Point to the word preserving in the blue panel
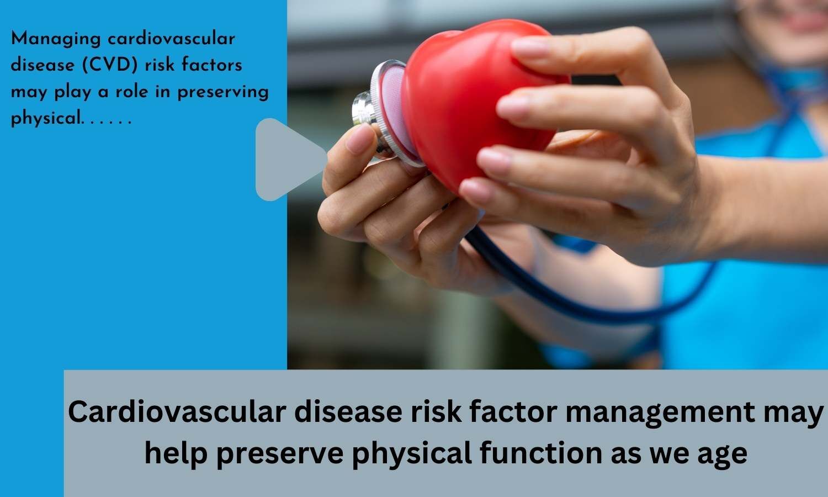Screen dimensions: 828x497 point(223,92)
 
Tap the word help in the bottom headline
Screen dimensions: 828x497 point(176,454)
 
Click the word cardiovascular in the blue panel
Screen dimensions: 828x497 point(171,39)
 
